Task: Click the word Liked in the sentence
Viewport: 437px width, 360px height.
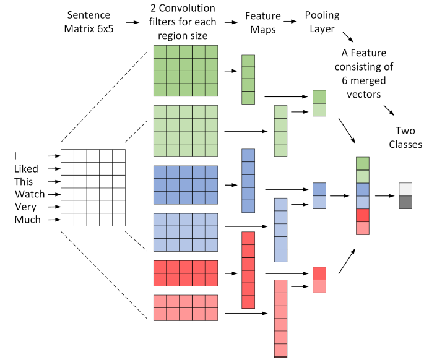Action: tap(28, 169)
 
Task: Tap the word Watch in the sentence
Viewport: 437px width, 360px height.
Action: tap(29, 194)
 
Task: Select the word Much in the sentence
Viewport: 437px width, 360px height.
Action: tap(27, 220)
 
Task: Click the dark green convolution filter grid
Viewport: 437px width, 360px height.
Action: tap(186, 71)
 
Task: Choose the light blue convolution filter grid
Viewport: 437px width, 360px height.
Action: tap(186, 233)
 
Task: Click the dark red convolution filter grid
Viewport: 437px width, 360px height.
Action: tap(186, 273)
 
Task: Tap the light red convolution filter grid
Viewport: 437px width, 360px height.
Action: tap(186, 307)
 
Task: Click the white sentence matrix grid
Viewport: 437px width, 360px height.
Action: tap(93, 188)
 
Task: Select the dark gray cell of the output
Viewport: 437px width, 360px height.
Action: tap(405, 202)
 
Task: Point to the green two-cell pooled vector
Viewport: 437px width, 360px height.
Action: tap(319, 103)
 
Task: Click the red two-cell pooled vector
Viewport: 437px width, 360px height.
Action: tap(319, 280)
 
